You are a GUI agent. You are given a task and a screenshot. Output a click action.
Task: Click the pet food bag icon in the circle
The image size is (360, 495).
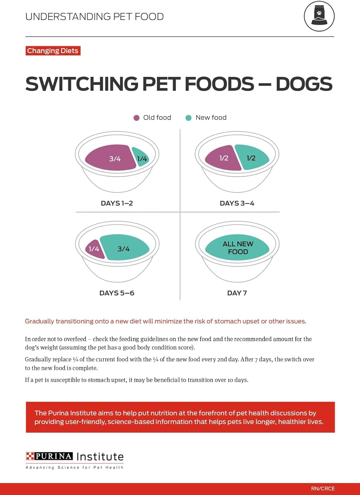319,16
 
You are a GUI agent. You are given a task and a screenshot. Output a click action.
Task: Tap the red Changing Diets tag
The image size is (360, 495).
53,51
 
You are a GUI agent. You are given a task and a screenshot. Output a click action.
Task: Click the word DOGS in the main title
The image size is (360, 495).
304,84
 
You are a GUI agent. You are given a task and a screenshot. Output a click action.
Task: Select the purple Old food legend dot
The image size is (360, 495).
136,118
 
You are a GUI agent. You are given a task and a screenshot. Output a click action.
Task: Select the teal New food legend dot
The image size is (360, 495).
189,118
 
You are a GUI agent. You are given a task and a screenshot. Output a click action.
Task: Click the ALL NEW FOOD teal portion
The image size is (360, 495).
237,247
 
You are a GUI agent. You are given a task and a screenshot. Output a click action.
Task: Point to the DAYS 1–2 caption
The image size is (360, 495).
117,203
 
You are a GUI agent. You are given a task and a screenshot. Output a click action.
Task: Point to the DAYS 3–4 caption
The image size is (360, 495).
237,203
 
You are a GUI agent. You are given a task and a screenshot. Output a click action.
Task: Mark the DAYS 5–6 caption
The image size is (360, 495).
117,293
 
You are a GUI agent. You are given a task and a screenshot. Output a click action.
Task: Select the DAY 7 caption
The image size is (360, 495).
237,293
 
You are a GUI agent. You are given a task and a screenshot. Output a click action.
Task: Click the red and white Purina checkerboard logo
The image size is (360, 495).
30,456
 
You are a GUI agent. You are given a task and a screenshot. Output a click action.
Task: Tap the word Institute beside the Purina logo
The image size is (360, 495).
100,457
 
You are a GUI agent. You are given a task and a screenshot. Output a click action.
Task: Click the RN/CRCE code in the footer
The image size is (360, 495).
323,488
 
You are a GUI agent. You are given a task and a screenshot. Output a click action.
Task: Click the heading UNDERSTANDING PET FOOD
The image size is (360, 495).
94,17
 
